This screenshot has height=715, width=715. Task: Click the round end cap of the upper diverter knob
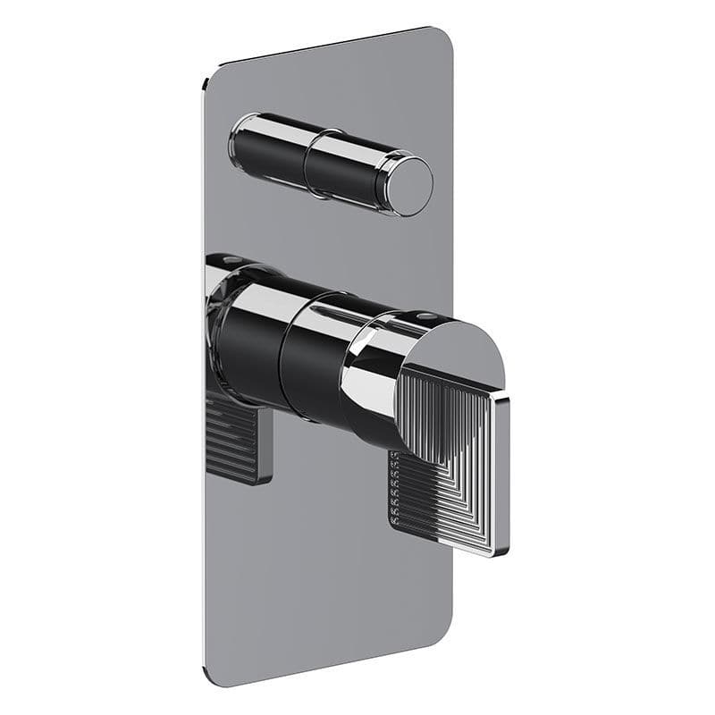410,186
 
